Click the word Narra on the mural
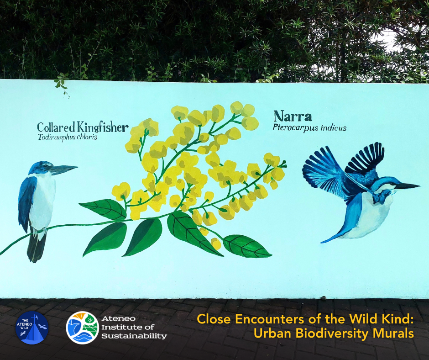point(292,116)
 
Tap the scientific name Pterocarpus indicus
point(309,128)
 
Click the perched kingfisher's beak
point(64,169)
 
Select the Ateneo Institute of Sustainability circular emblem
point(82,328)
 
